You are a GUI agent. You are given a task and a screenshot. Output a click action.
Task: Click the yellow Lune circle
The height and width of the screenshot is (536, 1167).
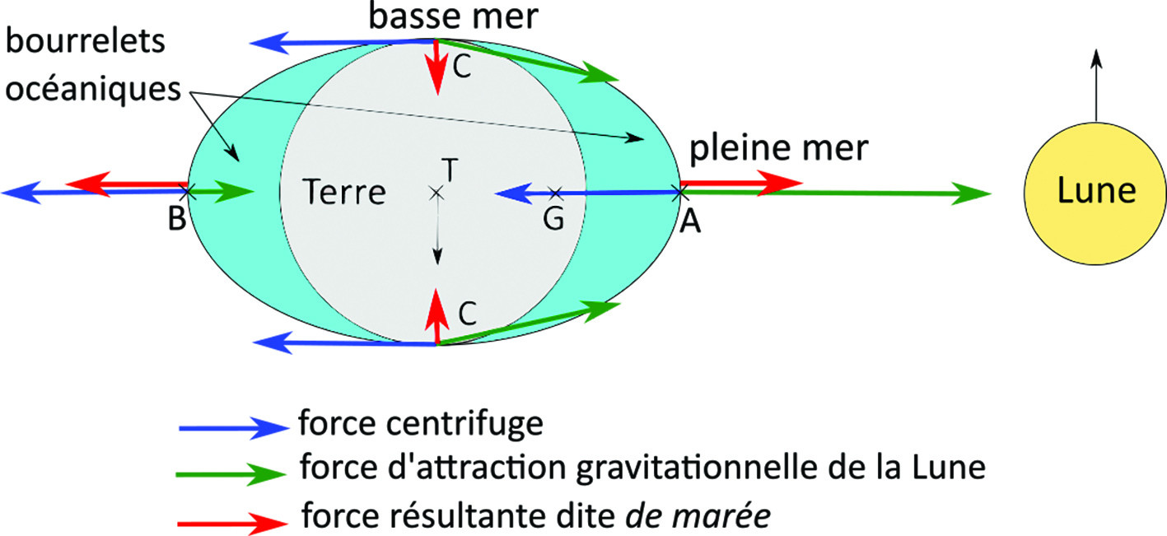tap(1095, 193)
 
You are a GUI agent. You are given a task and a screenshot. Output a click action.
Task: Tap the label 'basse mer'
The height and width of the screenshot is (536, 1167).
tap(453, 16)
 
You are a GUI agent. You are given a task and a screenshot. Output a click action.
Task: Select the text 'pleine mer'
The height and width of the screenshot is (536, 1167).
tap(779, 148)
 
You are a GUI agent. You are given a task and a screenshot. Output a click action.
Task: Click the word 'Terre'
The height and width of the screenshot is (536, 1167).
tap(344, 192)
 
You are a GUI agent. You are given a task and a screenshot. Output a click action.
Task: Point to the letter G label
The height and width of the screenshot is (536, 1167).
tap(553, 218)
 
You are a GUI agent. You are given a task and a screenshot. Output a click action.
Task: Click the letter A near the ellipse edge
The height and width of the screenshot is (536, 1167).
tap(690, 221)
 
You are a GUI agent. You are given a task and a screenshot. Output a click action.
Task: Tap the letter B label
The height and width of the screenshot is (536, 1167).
tap(177, 218)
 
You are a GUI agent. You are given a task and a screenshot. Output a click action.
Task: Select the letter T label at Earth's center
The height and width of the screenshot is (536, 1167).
tap(450, 170)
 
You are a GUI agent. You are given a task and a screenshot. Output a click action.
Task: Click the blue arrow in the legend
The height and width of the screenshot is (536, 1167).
tap(233, 427)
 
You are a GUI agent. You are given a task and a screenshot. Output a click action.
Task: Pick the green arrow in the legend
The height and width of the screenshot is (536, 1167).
tap(231, 473)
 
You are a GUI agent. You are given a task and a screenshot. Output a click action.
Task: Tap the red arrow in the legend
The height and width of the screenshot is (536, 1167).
tap(232, 523)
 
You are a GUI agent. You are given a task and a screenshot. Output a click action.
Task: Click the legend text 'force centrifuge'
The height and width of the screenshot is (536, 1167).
tap(421, 423)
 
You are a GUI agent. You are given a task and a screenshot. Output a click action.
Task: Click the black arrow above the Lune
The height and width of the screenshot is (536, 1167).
tap(1097, 86)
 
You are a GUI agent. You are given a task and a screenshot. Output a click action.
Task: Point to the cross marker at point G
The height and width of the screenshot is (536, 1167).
tap(556, 193)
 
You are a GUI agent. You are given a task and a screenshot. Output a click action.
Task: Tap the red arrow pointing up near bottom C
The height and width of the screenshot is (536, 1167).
tap(436, 316)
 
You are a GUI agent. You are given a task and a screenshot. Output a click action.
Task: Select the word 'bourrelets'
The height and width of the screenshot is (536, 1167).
tap(86, 41)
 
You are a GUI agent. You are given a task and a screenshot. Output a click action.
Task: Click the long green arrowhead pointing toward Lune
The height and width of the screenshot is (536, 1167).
tap(972, 193)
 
